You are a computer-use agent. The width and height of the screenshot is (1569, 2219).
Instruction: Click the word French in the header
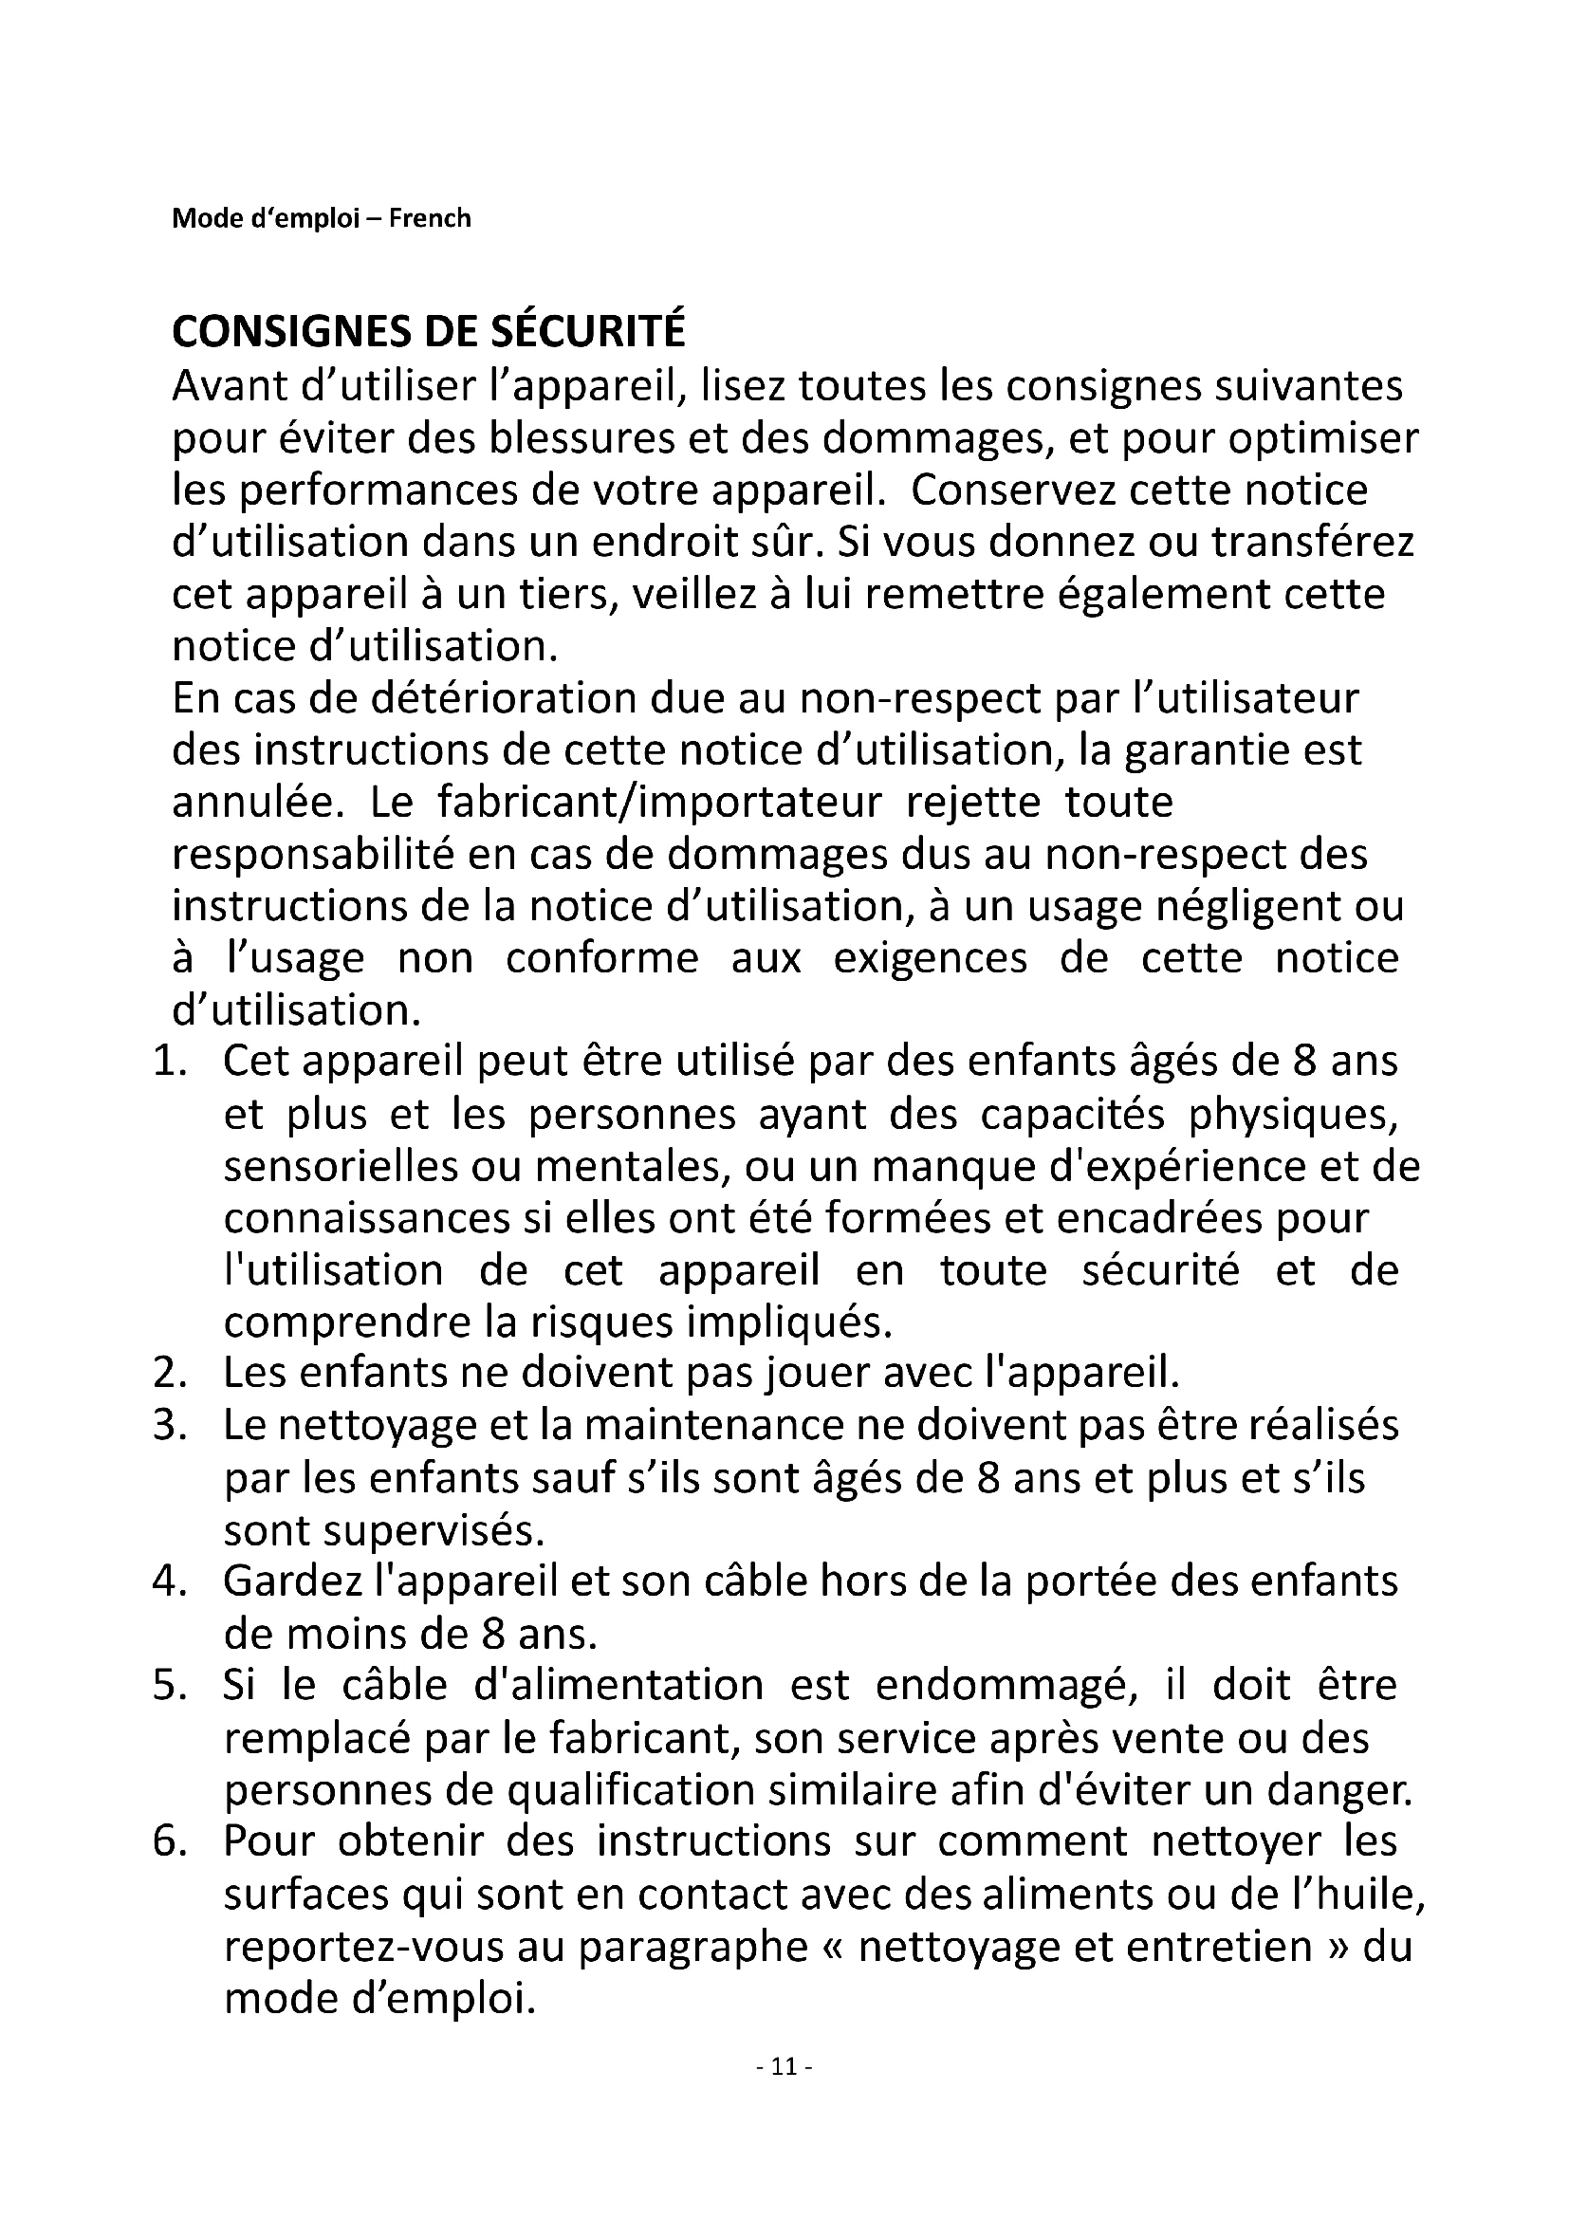click(x=430, y=218)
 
